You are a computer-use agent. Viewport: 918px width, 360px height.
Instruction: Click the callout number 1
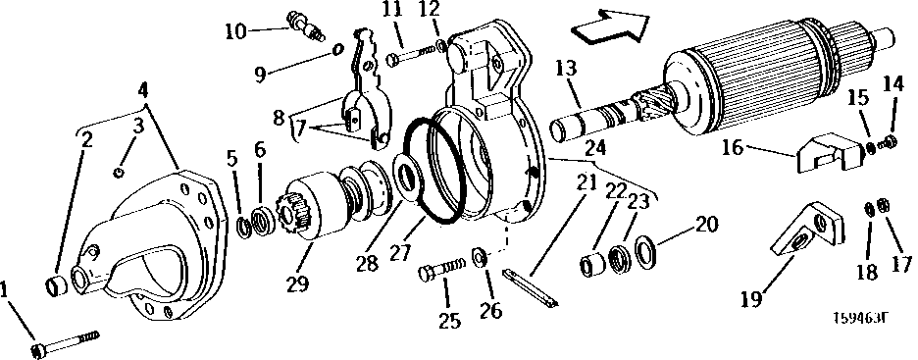10,289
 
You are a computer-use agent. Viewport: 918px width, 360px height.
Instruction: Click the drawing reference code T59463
860,317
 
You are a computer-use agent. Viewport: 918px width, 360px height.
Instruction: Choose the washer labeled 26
480,257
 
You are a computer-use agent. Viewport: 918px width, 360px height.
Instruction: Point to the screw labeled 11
412,55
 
